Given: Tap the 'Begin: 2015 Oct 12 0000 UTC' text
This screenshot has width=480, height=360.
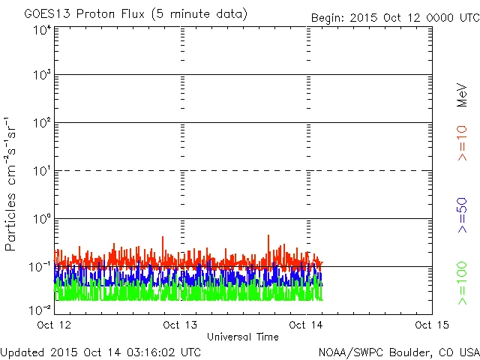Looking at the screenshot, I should pyautogui.click(x=394, y=16).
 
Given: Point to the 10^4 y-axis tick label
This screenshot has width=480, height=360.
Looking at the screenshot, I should pyautogui.click(x=41, y=30).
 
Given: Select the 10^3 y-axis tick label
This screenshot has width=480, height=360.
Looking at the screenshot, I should pyautogui.click(x=41, y=76).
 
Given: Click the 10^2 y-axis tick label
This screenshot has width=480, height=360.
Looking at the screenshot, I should pyautogui.click(x=41, y=123).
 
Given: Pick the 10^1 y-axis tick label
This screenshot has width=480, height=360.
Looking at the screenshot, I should pyautogui.click(x=41, y=171).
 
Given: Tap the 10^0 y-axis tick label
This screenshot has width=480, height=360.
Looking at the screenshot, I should pyautogui.click(x=41, y=219).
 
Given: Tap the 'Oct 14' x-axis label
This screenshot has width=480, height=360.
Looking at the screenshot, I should pyautogui.click(x=307, y=325).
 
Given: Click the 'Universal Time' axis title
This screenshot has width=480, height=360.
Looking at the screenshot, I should pyautogui.click(x=243, y=337).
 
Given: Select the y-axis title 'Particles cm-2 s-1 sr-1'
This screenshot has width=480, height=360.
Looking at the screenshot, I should pyautogui.click(x=12, y=184).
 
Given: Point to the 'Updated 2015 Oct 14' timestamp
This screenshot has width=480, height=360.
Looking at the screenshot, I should pyautogui.click(x=100, y=351).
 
